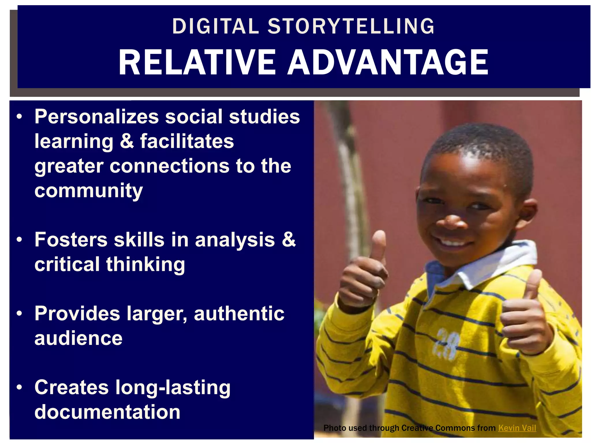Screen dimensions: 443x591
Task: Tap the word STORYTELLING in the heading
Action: [x=351, y=26]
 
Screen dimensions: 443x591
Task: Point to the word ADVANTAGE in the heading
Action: [x=388, y=62]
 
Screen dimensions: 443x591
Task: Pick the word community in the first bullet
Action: [x=89, y=191]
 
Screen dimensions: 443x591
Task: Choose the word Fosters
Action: [x=70, y=240]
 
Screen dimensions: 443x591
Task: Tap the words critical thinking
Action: [x=110, y=264]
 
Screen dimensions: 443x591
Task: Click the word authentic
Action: [x=239, y=314]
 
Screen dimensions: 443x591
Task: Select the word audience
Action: [x=78, y=338]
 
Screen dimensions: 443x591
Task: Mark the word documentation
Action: [x=107, y=412]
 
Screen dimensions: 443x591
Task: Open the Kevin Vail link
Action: [x=517, y=428]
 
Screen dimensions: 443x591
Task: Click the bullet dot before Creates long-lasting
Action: [x=19, y=387]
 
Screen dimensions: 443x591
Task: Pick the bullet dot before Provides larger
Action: [x=19, y=314]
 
